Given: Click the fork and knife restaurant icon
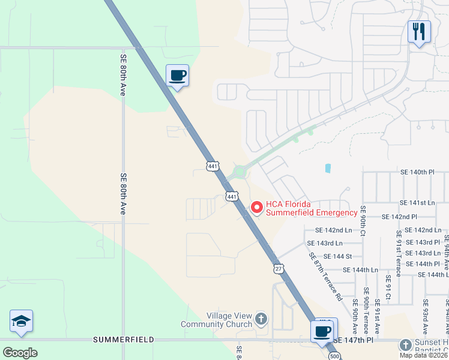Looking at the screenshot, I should tap(419, 31).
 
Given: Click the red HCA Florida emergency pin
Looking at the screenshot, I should tap(257, 208).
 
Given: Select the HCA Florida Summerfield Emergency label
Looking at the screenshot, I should tap(312, 208).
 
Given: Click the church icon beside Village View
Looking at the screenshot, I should tap(261, 318).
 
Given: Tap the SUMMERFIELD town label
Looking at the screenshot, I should tap(124, 340).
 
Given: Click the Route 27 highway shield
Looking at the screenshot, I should tap(277, 269).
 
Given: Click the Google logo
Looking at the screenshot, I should tap(20, 353).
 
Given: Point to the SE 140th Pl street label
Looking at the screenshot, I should tap(417, 172).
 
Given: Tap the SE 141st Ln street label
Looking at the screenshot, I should tap(417, 203).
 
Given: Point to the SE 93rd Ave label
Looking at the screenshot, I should tap(425, 317).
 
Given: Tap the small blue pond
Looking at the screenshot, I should tap(328, 168).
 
